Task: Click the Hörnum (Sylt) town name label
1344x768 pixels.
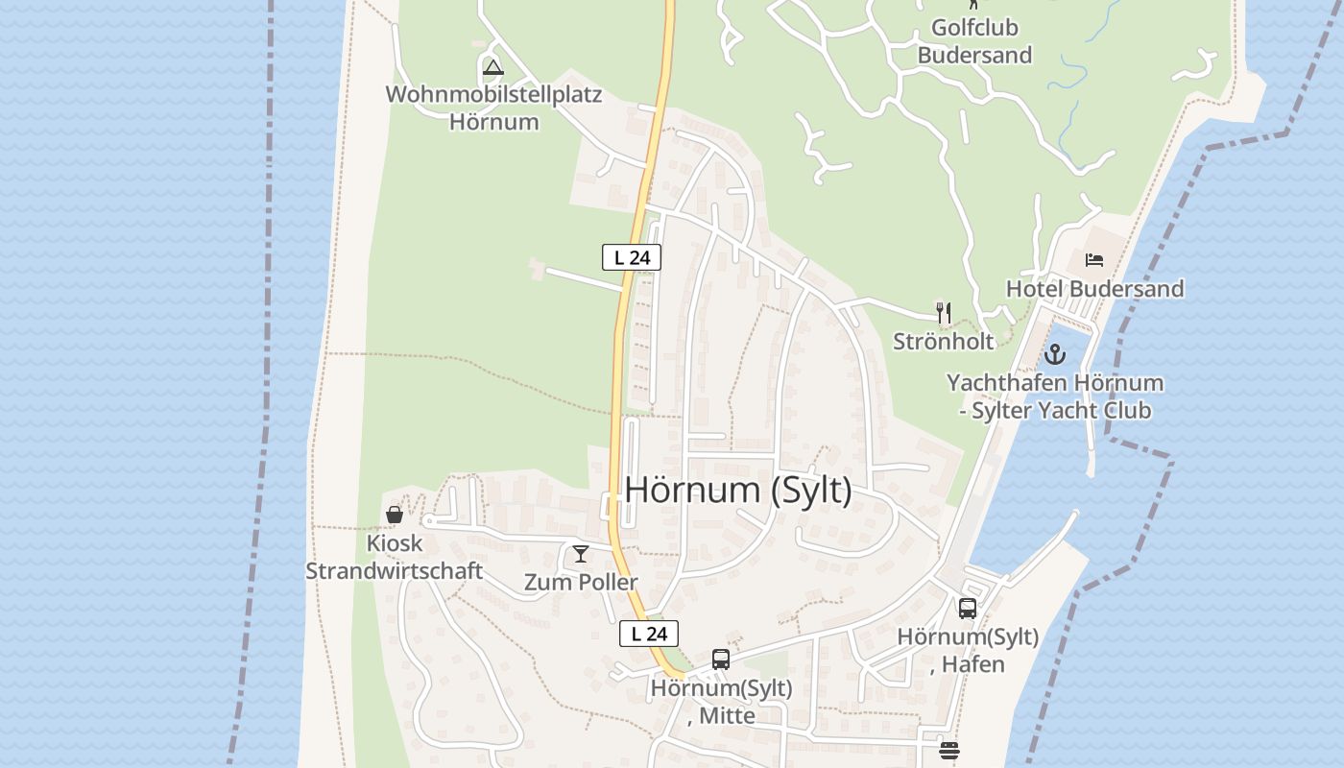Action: click(737, 490)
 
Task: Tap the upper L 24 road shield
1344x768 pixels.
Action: click(632, 257)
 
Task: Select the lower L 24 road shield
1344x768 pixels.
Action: click(649, 634)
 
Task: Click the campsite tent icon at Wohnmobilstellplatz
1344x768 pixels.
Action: click(493, 67)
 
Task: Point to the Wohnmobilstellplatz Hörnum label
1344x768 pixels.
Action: click(493, 108)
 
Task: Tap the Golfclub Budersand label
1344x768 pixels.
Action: click(974, 40)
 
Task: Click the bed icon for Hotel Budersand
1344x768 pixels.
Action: click(1094, 259)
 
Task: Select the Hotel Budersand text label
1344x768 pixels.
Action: click(1094, 289)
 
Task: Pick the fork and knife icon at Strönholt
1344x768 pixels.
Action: click(944, 312)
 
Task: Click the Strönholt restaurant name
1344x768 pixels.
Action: click(943, 341)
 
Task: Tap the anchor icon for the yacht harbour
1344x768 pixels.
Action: click(1055, 355)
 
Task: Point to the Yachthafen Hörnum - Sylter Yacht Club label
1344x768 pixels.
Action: click(1055, 396)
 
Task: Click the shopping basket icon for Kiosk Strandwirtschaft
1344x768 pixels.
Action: click(395, 515)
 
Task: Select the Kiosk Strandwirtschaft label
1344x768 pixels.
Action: click(394, 557)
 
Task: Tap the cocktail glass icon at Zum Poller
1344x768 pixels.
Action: click(580, 554)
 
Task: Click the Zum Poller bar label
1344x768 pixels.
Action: click(580, 582)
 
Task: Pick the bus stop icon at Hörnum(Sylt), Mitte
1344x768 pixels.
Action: click(721, 660)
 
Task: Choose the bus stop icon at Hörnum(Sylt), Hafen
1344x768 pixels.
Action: click(968, 608)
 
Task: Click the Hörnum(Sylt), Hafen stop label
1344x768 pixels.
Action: click(968, 650)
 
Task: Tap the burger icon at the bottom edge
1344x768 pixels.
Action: click(949, 751)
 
